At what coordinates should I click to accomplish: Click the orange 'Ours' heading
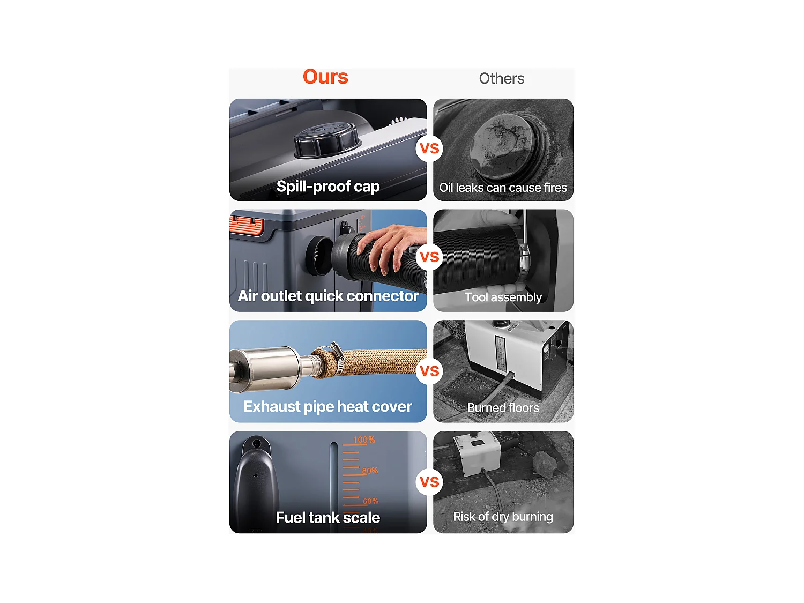(x=325, y=77)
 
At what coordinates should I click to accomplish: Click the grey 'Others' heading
(x=502, y=78)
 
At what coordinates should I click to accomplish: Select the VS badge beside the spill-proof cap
(x=429, y=148)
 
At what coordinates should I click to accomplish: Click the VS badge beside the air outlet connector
(x=429, y=257)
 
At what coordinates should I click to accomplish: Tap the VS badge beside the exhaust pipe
(x=429, y=371)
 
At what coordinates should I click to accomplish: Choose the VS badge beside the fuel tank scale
(x=429, y=481)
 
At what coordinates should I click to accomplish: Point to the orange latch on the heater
(x=247, y=225)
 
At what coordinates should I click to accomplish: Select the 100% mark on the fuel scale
(x=364, y=440)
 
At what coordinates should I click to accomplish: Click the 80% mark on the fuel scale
(x=370, y=471)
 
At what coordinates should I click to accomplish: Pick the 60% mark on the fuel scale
(x=370, y=501)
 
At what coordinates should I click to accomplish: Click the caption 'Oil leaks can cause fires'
(x=503, y=188)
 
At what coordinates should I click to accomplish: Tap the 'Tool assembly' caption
(x=503, y=297)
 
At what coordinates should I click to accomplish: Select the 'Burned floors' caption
(x=503, y=408)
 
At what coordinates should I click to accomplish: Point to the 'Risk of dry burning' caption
(x=503, y=517)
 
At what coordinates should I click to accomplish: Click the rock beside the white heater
(x=545, y=464)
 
